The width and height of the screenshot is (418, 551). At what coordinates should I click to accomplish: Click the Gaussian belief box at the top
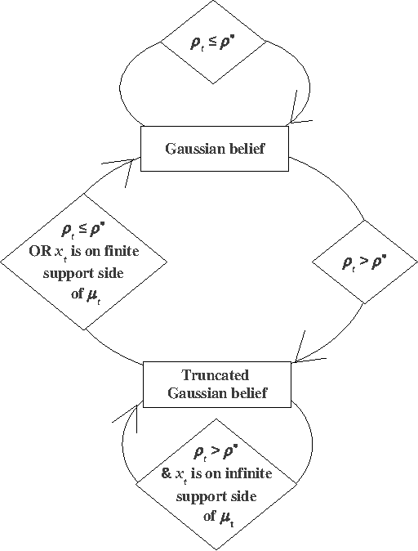point(216,149)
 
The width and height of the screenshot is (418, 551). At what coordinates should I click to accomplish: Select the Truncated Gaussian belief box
point(216,383)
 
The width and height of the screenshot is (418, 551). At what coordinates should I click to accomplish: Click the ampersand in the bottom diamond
point(167,474)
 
